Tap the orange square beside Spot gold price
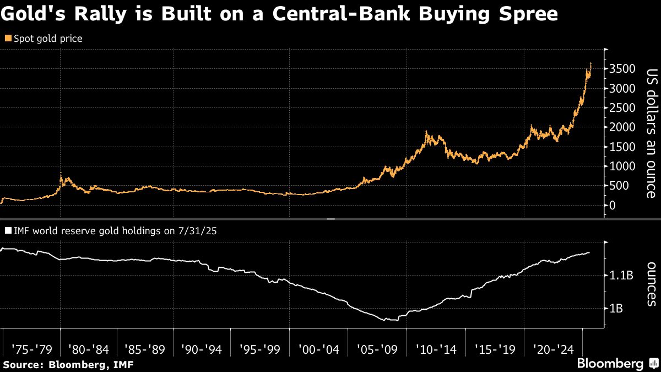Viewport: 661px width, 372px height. point(7,39)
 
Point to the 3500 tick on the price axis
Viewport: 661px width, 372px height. point(621,69)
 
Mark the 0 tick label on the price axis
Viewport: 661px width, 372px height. point(612,206)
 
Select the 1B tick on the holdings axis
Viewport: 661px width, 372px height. point(616,309)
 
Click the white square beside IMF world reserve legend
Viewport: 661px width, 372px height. point(7,230)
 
